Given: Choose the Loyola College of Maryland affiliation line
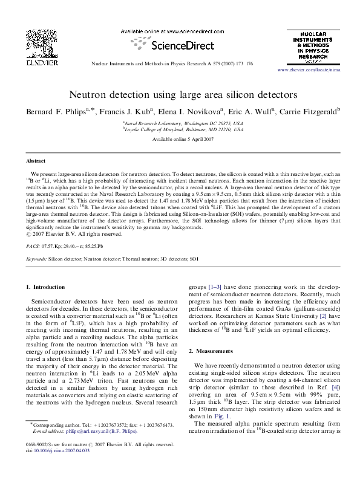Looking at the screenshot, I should [183, 129].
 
